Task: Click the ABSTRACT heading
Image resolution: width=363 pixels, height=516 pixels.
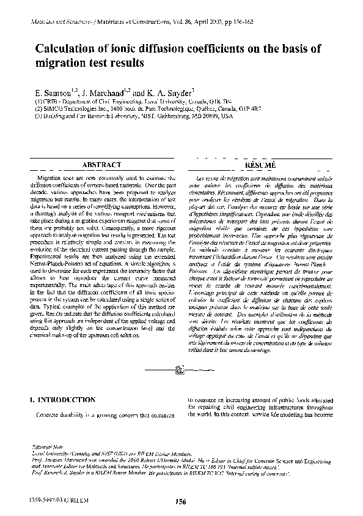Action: click(101, 165)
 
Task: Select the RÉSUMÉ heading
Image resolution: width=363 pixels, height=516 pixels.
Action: click(260, 165)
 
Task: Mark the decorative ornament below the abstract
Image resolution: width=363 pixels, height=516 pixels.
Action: click(181, 368)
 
